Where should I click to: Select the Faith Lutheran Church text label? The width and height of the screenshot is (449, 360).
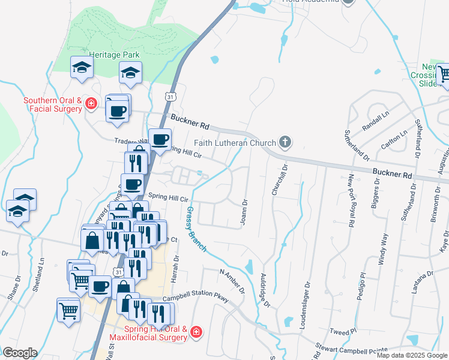point(235,143)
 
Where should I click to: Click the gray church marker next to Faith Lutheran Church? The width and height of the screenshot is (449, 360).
point(285,143)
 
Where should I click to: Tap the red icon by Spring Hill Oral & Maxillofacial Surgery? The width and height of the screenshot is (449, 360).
point(197,332)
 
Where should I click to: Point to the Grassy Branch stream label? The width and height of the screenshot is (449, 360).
point(196,229)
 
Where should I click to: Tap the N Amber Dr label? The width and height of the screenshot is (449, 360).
point(232,282)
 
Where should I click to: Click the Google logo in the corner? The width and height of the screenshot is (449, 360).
point(20,353)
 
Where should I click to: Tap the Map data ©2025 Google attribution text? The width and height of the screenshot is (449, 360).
point(412,355)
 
